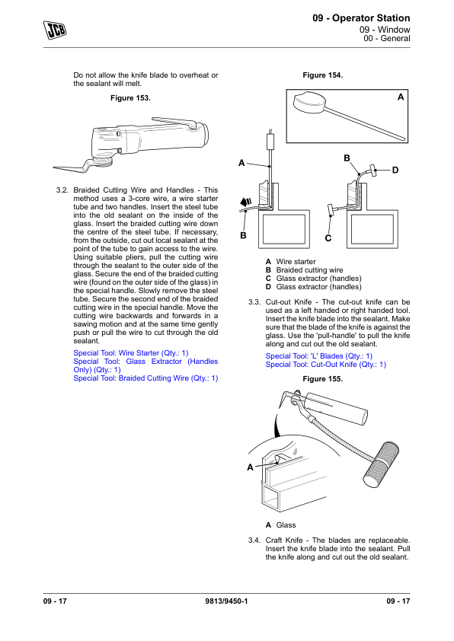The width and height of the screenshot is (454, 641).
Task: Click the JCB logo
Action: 55,30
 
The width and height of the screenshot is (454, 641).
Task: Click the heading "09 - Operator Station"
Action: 361,18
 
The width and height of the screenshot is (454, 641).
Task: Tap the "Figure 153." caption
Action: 130,98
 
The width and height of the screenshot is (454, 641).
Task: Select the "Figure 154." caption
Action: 323,75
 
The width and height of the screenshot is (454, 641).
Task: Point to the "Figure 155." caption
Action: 323,379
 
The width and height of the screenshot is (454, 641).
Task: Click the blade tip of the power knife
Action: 54,167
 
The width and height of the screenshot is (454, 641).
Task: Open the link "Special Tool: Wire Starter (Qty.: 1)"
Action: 131,352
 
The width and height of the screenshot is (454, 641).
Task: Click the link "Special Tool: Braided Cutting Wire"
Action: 145,378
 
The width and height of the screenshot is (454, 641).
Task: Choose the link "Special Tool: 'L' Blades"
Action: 319,356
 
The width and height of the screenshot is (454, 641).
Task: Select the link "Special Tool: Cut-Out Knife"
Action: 325,365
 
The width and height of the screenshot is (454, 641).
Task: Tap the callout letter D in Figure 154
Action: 395,170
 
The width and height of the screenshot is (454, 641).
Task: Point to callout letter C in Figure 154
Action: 328,238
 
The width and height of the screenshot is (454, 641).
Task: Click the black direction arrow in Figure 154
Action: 246,202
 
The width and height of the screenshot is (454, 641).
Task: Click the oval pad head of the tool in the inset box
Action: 309,102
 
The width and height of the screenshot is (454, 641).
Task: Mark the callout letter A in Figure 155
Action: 251,467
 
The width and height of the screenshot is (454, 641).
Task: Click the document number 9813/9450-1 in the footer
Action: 226,601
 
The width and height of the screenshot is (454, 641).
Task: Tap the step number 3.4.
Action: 254,541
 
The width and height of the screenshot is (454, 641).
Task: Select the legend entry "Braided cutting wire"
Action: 309,270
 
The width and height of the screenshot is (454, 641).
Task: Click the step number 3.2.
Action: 62,190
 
